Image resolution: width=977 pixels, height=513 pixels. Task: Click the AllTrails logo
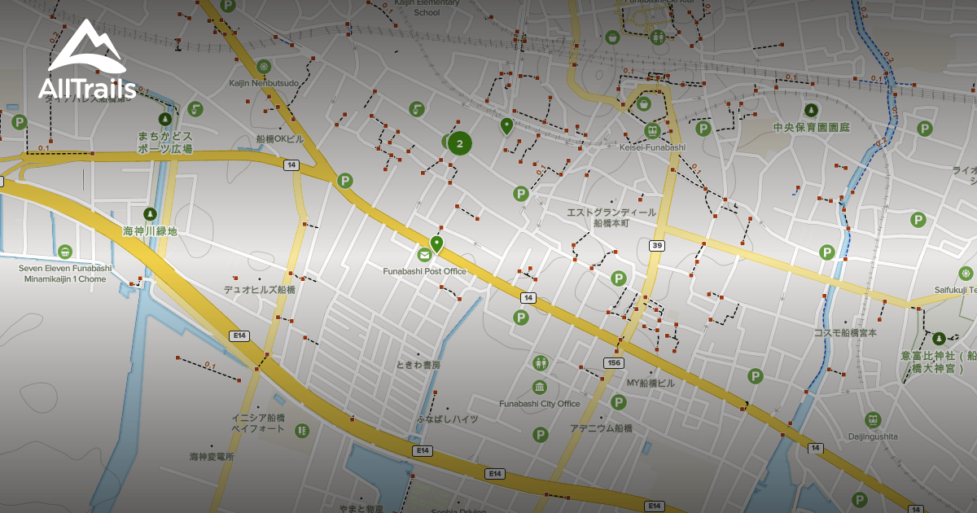click(86, 61)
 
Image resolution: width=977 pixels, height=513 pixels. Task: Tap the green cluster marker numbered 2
click(459, 143)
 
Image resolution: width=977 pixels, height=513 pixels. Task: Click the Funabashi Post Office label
click(424, 271)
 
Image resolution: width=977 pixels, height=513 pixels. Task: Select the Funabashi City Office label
click(539, 404)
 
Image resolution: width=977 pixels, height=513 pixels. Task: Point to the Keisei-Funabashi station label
click(652, 147)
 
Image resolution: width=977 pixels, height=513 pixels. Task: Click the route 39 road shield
click(656, 245)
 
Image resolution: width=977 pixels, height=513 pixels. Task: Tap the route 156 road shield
click(613, 362)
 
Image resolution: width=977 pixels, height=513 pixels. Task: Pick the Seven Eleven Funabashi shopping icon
click(65, 251)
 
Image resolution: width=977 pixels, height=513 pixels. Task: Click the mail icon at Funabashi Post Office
click(424, 256)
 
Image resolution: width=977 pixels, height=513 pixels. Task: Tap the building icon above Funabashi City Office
click(539, 387)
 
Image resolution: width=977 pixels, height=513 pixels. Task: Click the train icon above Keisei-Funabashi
click(651, 130)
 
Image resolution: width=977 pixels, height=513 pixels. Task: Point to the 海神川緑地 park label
click(150, 231)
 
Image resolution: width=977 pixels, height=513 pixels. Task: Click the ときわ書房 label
click(418, 365)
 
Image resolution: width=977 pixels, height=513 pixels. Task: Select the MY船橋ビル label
click(651, 383)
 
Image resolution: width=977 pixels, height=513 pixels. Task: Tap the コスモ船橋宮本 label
click(845, 333)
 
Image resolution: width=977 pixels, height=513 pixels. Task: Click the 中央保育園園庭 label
click(811, 128)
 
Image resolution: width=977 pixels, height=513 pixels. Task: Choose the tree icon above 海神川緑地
click(150, 214)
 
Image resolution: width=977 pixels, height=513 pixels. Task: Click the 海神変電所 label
click(212, 457)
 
